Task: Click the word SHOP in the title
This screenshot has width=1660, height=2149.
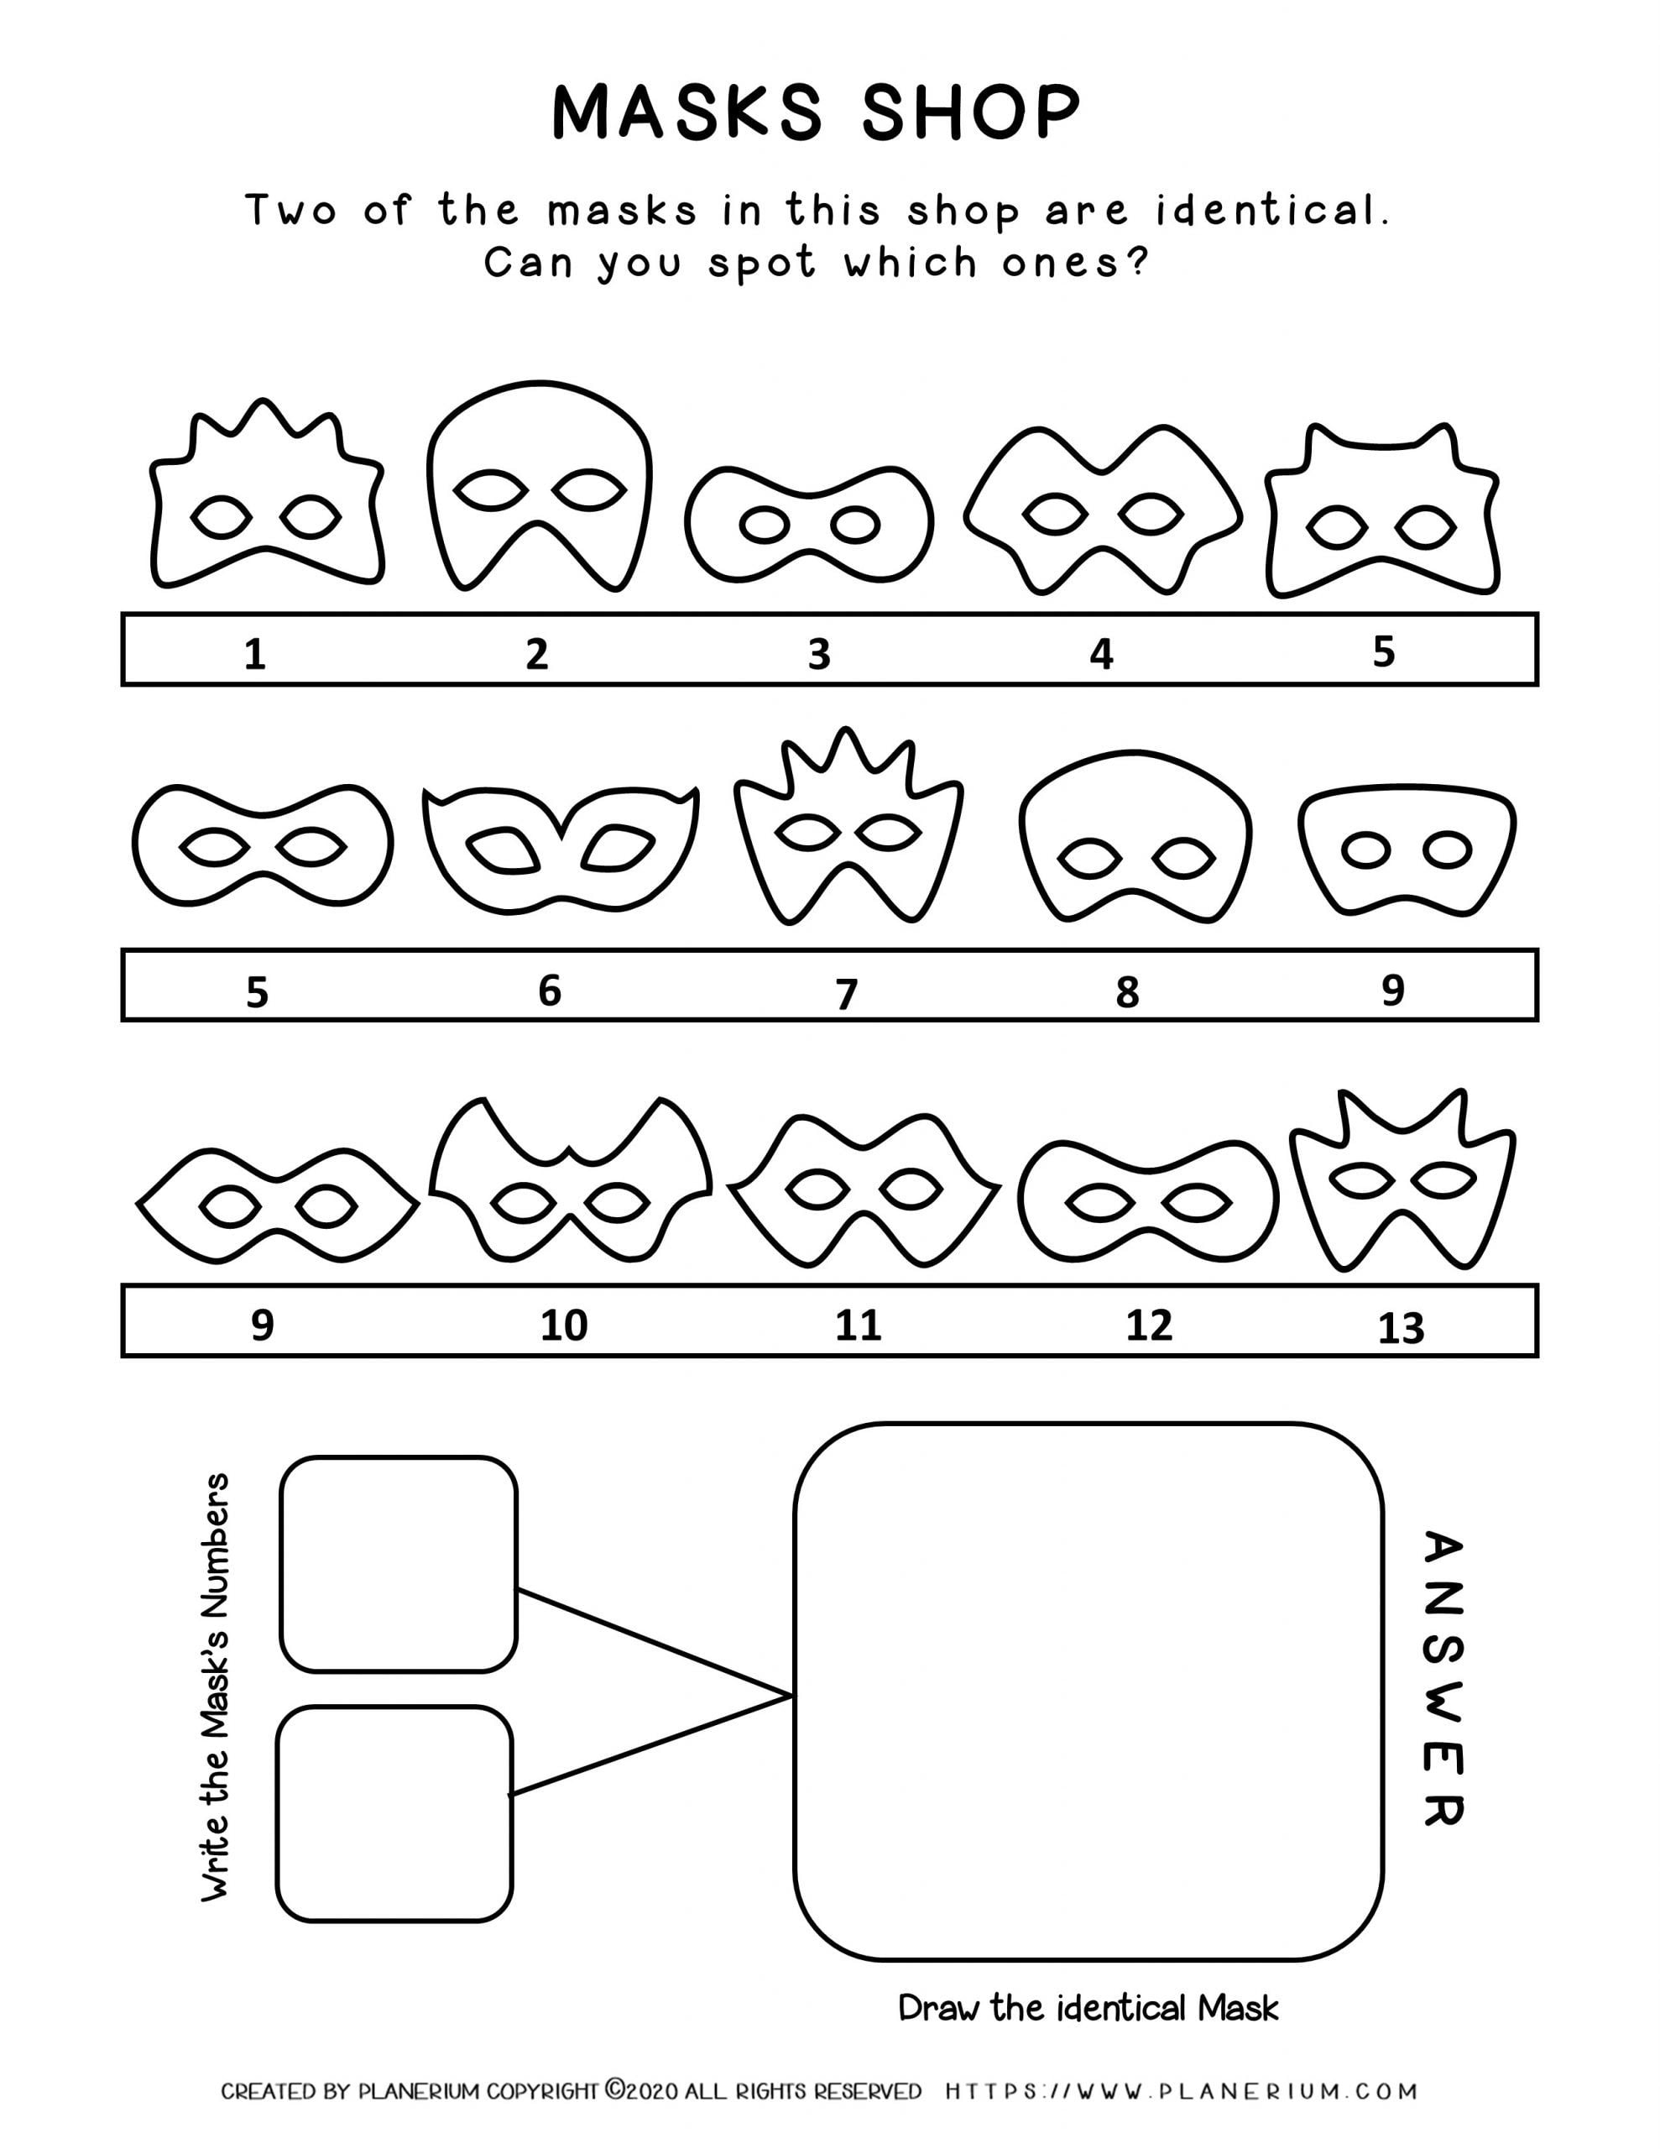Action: tap(971, 112)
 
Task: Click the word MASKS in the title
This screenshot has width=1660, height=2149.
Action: tap(686, 112)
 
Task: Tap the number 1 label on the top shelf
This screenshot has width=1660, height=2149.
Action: tap(255, 653)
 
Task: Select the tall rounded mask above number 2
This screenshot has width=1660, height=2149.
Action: tap(540, 487)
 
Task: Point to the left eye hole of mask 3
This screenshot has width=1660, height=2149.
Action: tap(764, 526)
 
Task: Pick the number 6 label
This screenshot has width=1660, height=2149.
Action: tap(549, 991)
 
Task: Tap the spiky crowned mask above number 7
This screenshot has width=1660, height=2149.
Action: tap(848, 827)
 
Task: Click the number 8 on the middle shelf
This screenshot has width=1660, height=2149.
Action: tap(1127, 993)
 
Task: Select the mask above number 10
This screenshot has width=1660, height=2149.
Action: tap(571, 1181)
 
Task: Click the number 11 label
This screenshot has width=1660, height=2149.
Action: tap(858, 1325)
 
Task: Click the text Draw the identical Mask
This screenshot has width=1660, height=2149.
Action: tap(1088, 2007)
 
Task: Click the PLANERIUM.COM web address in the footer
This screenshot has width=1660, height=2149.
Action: tap(1181, 2091)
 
